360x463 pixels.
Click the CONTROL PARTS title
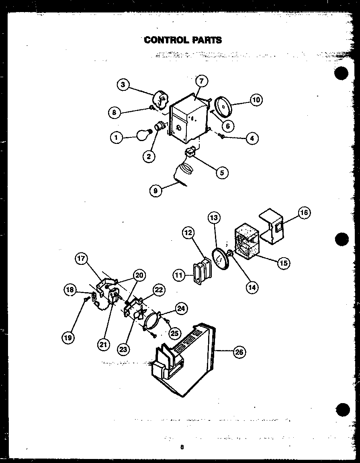click(x=183, y=40)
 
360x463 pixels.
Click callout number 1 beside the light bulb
click(x=116, y=138)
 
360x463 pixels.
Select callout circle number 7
click(x=202, y=81)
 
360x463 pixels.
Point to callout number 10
click(x=256, y=100)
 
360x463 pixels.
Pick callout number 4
click(x=252, y=139)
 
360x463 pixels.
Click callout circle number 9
click(x=155, y=191)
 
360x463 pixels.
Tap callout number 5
click(x=221, y=173)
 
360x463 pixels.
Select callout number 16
click(x=305, y=213)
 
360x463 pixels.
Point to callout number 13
click(x=214, y=218)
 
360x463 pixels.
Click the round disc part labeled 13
click(x=220, y=259)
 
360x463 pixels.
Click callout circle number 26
click(x=239, y=352)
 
